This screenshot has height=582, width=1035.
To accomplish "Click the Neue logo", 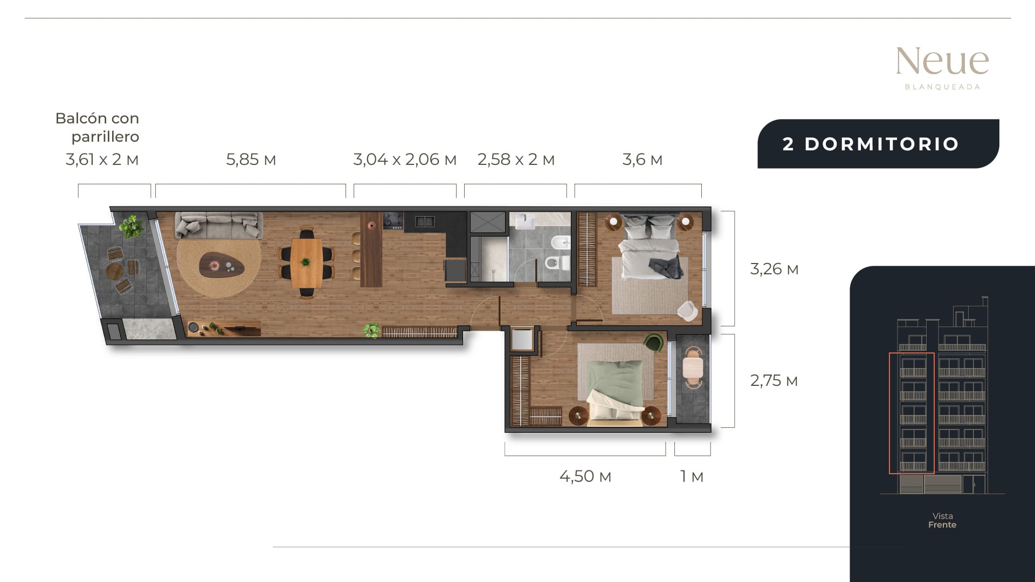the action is (942, 68).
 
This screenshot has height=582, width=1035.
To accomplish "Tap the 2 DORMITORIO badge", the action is (878, 144).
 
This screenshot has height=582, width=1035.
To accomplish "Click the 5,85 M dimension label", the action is (251, 160).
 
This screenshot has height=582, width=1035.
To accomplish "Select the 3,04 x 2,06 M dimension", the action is (405, 160).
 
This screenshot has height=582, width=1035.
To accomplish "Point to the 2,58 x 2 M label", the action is (516, 160).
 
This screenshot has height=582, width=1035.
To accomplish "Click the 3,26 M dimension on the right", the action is (774, 269).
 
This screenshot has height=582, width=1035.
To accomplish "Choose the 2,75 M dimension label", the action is (774, 380).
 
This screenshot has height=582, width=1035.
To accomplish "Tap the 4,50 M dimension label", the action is (585, 476).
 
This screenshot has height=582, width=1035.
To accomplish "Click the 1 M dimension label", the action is (692, 476).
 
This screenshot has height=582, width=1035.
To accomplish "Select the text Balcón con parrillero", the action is (98, 127).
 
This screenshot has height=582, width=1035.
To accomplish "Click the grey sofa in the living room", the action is (219, 225).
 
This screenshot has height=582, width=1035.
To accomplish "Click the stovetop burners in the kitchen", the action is (393, 220).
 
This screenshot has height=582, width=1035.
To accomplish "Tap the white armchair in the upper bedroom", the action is (688, 310).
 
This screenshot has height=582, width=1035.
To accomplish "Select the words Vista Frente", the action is (942, 521).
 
